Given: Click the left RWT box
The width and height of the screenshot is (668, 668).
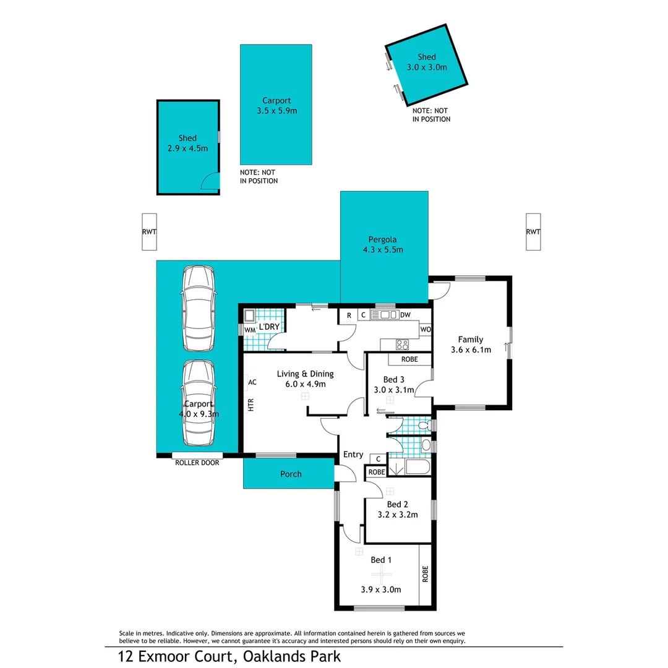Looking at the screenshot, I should tap(149, 232).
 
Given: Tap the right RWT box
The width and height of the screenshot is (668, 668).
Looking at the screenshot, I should tap(533, 232).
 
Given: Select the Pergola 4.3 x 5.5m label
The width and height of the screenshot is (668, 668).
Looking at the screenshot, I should tap(384, 245).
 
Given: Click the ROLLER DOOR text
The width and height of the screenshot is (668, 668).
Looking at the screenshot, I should tap(197, 462).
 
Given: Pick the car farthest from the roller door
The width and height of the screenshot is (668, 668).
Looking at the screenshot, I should tap(198, 309).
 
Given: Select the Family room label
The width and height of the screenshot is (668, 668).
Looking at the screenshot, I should tap(470, 339).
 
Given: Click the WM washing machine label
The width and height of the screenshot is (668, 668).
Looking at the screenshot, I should tap(250, 330).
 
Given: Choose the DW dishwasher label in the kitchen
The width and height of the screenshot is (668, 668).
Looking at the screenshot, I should tap(405, 315).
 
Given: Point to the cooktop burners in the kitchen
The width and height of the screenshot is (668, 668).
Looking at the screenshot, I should tap(403, 345).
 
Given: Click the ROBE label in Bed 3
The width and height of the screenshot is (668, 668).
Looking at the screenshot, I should tap(409, 359).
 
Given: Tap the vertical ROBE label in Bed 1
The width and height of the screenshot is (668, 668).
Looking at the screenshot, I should tap(425, 575).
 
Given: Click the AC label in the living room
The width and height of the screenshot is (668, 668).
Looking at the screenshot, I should tap(252, 382).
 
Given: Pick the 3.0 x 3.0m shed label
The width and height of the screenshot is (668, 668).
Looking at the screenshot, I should tap(427, 67).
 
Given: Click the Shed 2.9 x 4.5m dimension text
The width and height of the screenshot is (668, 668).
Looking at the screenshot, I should tap(187, 148).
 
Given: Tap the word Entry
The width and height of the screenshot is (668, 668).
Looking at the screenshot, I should tap(353, 455).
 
